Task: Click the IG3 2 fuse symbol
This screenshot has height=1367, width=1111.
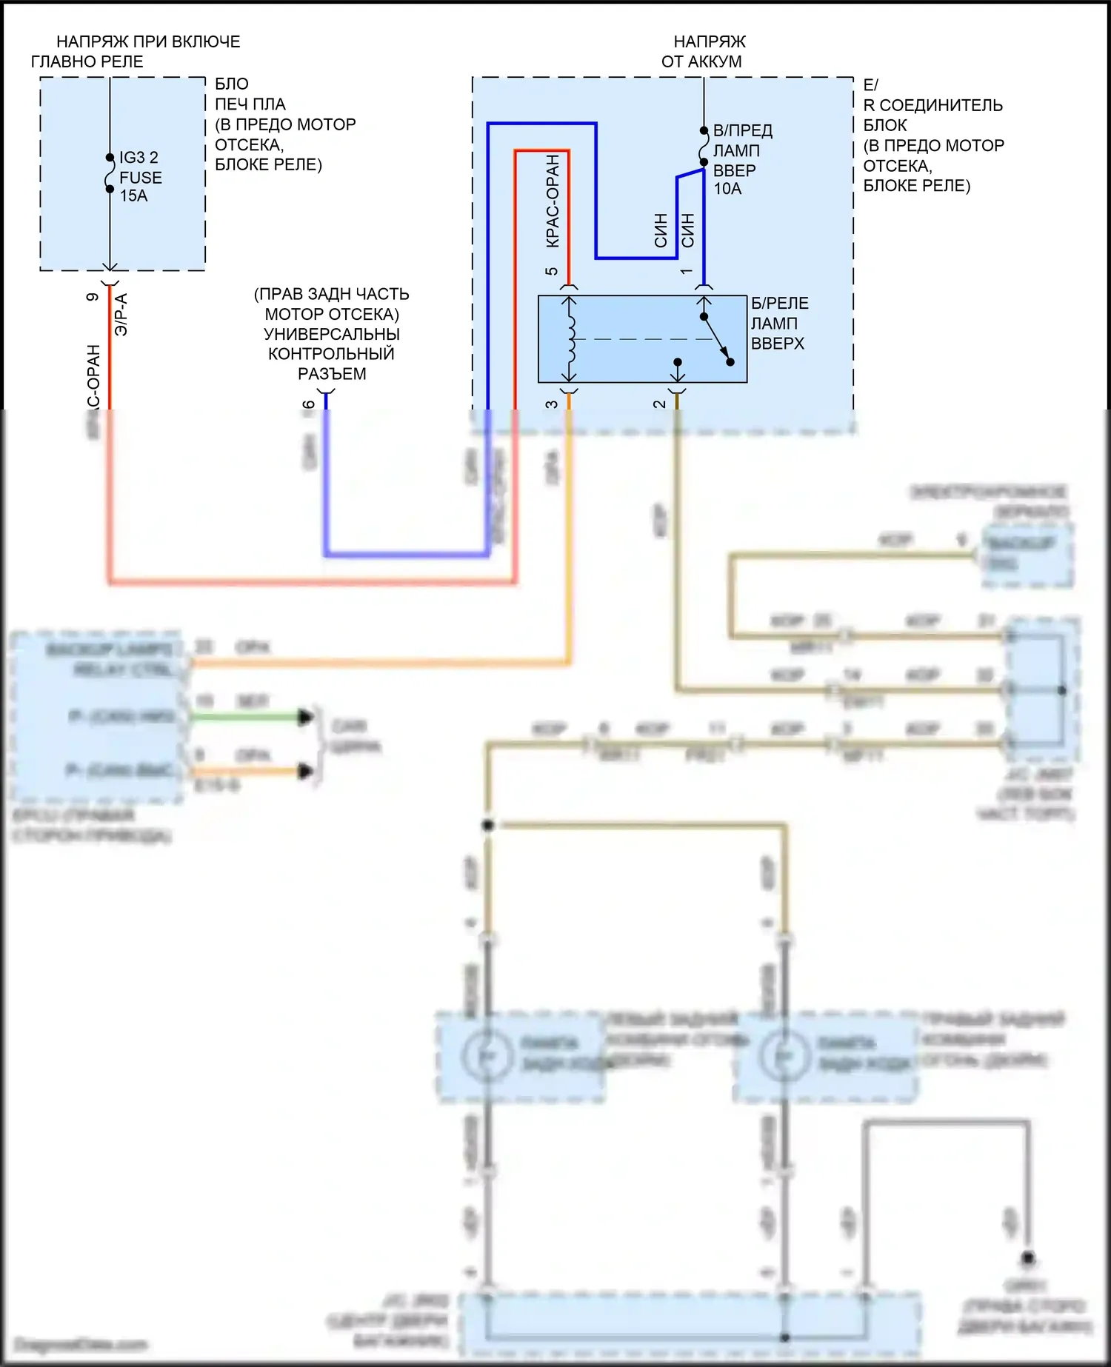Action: (x=110, y=176)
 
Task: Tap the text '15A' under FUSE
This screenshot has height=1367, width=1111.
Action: (x=134, y=196)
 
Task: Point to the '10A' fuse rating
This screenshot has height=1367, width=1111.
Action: (x=727, y=190)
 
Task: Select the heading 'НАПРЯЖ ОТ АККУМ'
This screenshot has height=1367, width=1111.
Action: (x=704, y=52)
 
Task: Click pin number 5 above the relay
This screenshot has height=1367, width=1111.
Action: (x=551, y=271)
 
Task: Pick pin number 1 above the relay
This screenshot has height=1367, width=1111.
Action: (x=687, y=272)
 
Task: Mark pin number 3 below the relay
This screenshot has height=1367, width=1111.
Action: (x=551, y=404)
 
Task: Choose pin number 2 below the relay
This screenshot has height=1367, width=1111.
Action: (x=659, y=404)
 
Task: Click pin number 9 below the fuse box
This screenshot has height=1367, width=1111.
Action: (x=93, y=297)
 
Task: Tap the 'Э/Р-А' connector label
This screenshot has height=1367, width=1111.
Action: (x=121, y=315)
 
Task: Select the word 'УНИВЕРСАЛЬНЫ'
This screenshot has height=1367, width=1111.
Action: (x=332, y=335)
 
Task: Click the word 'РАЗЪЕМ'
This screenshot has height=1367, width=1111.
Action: (x=332, y=375)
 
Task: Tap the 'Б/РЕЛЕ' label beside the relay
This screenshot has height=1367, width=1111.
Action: (x=780, y=304)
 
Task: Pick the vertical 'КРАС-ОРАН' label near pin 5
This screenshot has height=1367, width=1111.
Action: (x=553, y=201)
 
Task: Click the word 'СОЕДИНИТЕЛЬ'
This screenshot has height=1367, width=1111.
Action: (x=941, y=105)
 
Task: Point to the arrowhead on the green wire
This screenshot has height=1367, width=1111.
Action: (x=305, y=717)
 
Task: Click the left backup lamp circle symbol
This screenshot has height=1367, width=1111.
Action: (x=487, y=1056)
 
